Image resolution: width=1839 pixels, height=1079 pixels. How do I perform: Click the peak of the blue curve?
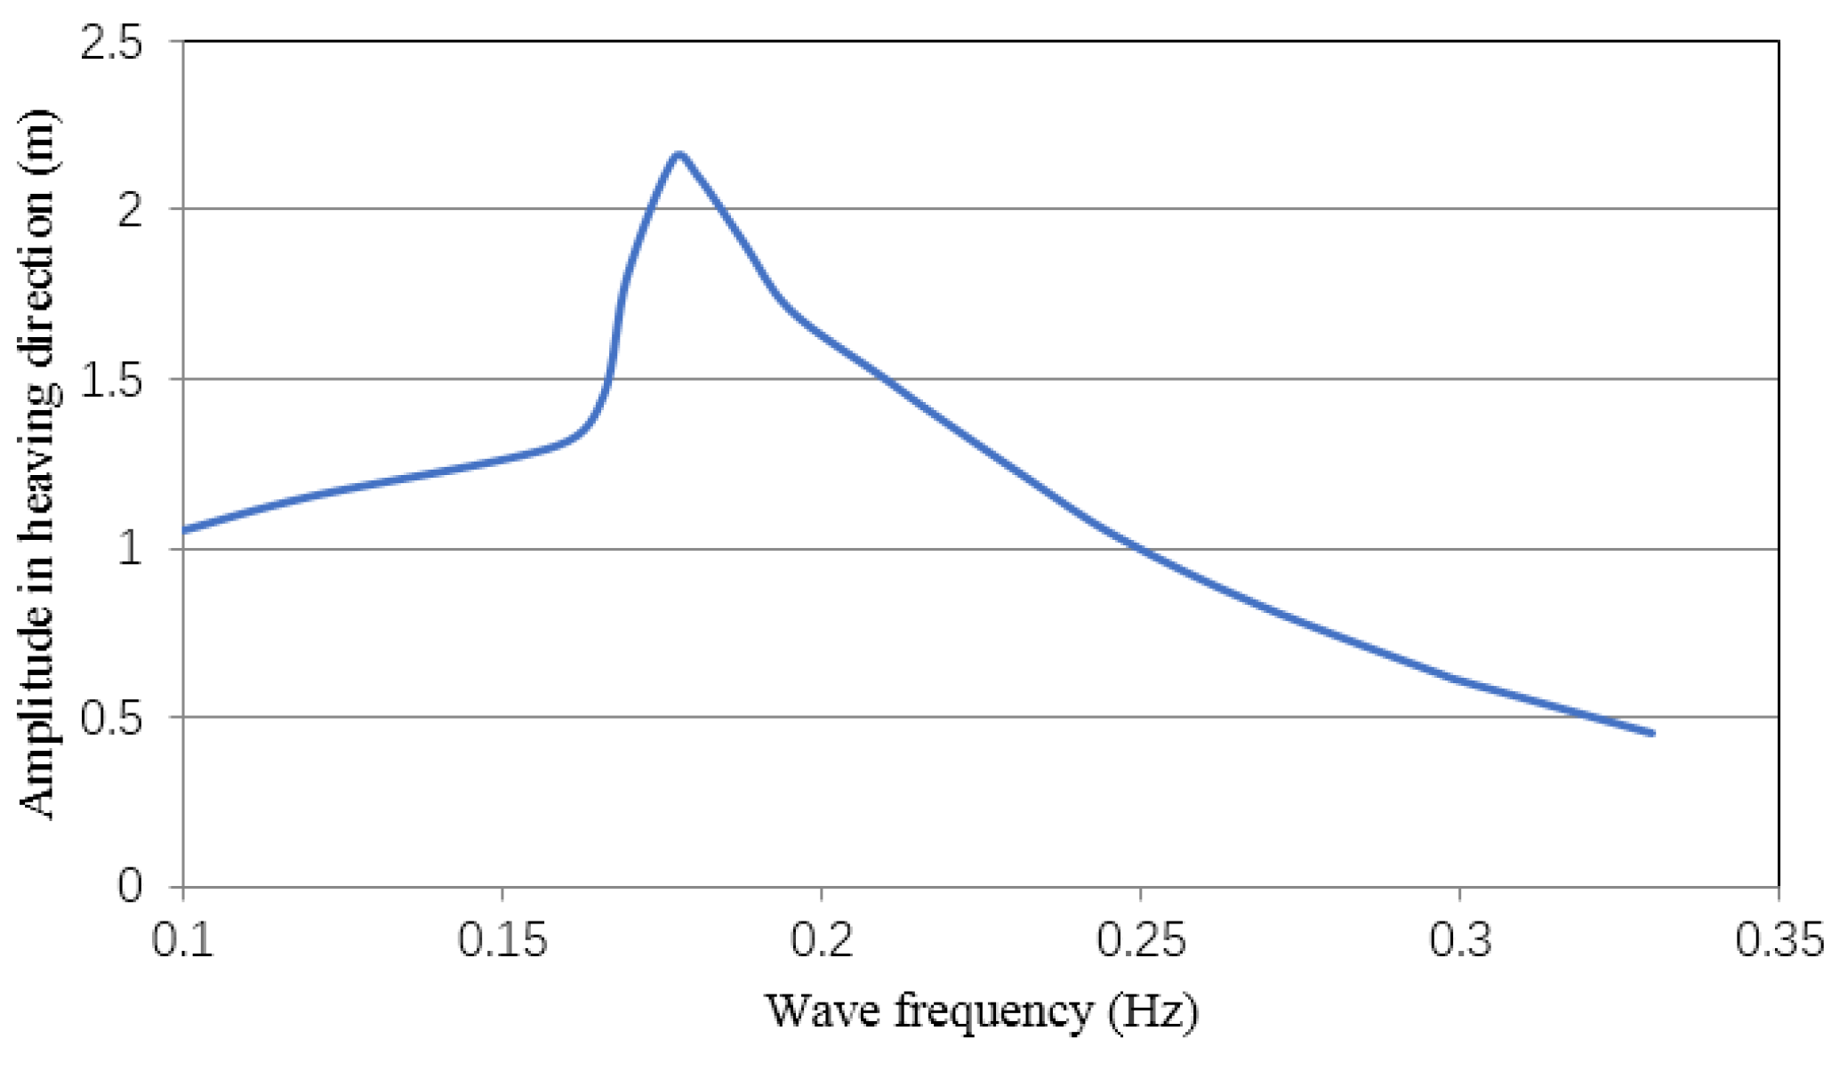679,154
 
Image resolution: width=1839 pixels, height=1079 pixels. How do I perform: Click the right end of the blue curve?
1652,733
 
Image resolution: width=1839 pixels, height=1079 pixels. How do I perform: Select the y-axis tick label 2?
130,210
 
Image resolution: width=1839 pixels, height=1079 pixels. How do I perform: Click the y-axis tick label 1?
130,549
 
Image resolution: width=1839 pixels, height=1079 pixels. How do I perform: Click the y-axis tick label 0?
130,886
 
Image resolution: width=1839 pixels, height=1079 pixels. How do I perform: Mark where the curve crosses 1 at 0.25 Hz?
1140,549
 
